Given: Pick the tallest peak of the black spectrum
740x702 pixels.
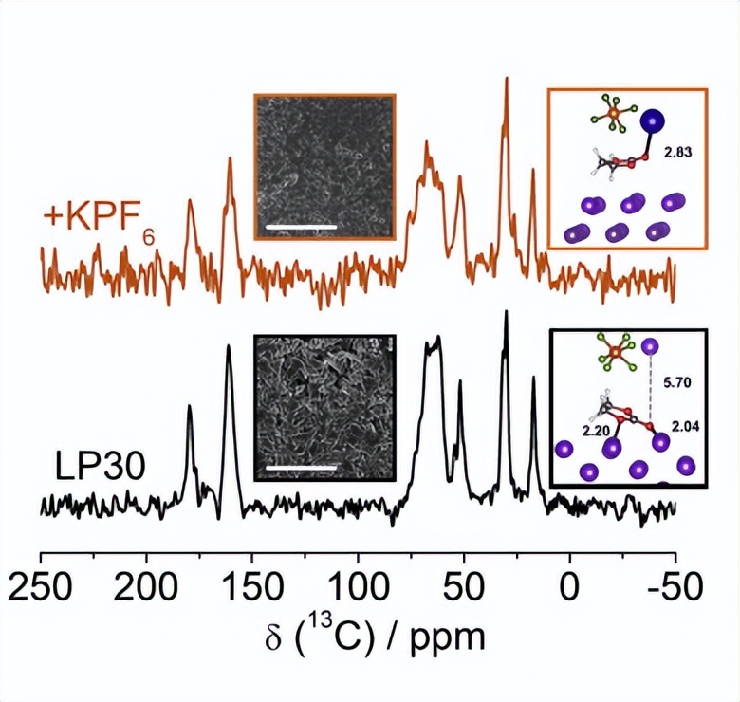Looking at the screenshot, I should pos(506,314).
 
